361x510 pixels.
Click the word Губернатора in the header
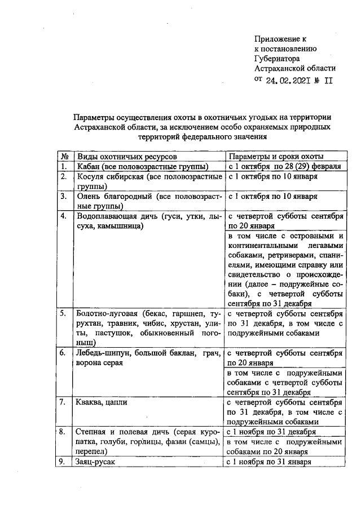[x=277, y=58]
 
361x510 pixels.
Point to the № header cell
[x=65, y=156]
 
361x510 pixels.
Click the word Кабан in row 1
[x=88, y=167]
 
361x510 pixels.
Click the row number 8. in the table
[x=64, y=432]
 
